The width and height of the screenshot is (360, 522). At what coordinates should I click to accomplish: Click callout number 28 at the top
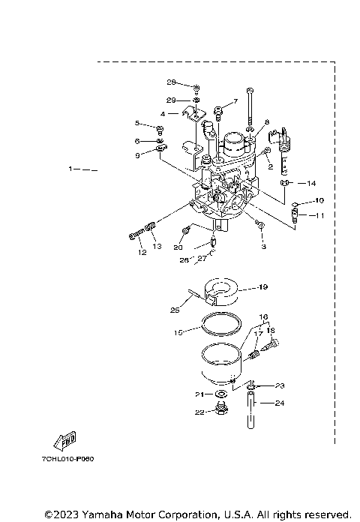[171, 82]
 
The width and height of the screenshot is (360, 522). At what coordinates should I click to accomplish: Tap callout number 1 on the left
[70, 169]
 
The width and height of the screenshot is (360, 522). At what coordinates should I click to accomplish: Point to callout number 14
[312, 183]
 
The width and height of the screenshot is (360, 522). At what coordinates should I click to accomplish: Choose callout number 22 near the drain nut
[199, 411]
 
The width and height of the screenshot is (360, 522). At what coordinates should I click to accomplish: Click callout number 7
[235, 100]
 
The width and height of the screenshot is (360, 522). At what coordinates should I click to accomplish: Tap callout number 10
[319, 201]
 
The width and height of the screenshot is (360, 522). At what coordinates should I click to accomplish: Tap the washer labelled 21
[221, 394]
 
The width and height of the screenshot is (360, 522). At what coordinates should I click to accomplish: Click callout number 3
[264, 245]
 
